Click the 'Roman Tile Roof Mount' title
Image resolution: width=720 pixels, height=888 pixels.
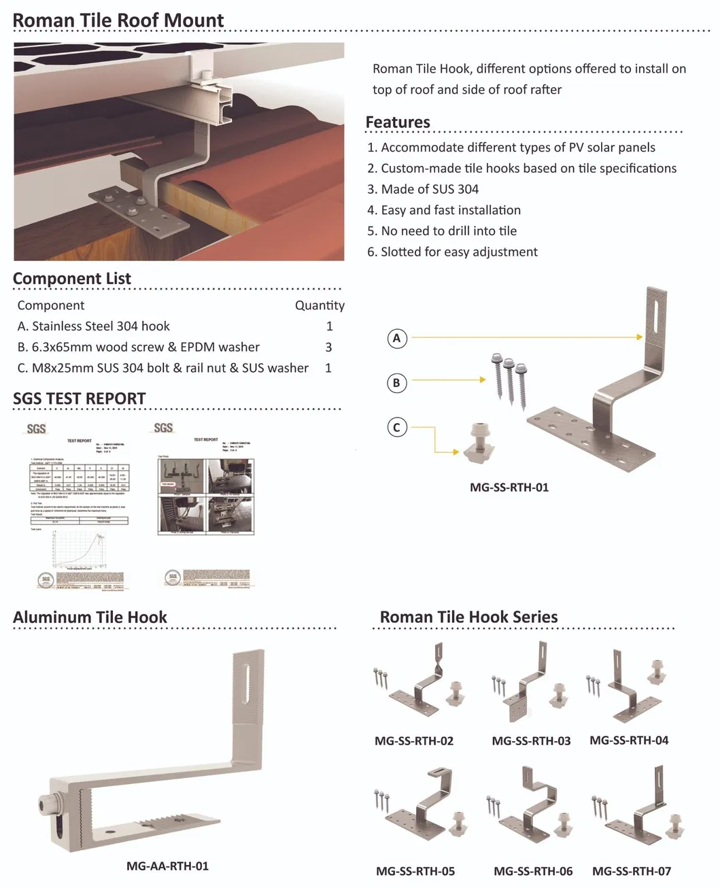point(118,20)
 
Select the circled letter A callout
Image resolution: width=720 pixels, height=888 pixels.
point(397,338)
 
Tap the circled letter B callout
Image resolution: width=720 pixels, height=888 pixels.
point(397,383)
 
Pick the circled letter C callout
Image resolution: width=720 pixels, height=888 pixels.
point(397,428)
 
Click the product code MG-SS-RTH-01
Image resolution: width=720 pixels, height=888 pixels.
point(509,488)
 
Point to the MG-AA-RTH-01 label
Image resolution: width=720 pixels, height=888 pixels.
point(167,866)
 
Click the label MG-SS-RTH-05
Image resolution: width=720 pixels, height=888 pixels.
point(415,871)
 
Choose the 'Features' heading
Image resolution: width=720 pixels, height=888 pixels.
point(398,122)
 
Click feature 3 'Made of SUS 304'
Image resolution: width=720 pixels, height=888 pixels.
point(423,190)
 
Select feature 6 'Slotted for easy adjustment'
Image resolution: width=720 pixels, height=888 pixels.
point(452,252)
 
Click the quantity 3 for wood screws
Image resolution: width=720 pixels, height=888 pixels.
point(328,347)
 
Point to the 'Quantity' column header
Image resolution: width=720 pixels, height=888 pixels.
point(320,306)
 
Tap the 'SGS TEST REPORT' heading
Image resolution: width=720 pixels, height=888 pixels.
point(80,399)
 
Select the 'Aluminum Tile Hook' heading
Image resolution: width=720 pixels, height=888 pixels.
point(90,617)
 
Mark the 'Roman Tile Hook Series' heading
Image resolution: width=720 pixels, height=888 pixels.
point(468,617)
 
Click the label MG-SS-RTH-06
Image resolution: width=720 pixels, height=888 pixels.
point(533,871)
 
